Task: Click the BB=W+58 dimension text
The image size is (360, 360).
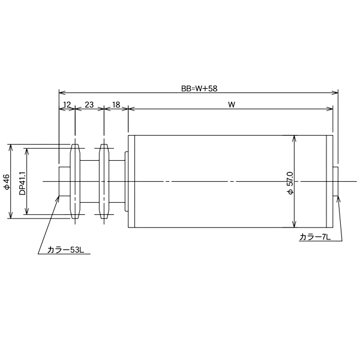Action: pos(199,88)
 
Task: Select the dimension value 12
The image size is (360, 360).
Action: pos(67,104)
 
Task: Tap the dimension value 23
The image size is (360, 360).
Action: pos(89,104)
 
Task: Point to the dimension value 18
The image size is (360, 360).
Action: pos(116,104)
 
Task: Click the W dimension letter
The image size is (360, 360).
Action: pos(231,104)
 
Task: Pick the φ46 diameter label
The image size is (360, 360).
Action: pos(6,181)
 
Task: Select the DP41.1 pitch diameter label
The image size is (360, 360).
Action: pos(22,181)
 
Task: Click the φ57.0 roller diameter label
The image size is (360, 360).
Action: pos(289,182)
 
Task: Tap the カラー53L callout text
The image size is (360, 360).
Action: pos(65,250)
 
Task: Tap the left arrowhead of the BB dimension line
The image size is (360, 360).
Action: pos(61,92)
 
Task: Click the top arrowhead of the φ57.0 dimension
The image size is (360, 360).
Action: pos(293,137)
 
